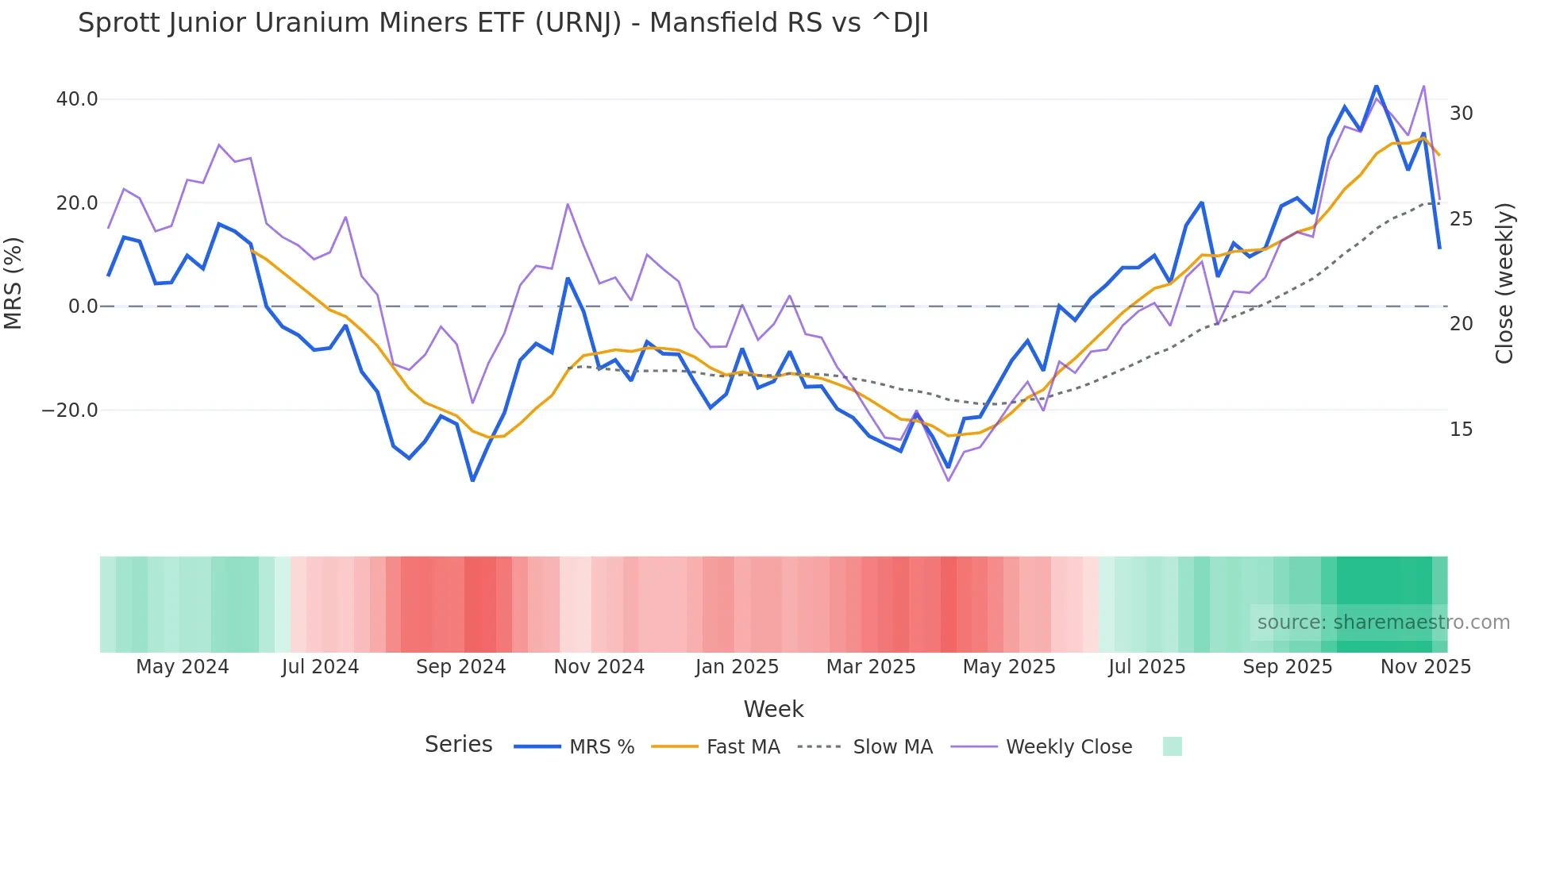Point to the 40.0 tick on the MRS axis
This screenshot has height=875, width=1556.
[77, 99]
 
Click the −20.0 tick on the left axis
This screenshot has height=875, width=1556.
[70, 411]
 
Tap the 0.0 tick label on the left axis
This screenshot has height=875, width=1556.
[83, 306]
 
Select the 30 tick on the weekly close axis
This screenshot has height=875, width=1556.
[1461, 114]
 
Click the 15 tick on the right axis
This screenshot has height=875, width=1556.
[1461, 430]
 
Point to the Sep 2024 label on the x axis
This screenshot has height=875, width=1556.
[460, 667]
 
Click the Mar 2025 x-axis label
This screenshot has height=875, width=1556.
[871, 667]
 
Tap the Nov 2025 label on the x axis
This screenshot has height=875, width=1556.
[1425, 667]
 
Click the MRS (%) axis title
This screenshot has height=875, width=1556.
[13, 283]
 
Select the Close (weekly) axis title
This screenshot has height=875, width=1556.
[1504, 283]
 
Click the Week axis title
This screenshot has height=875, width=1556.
[773, 709]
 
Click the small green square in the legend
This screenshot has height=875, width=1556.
[1172, 746]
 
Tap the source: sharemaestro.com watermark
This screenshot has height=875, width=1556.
[1383, 623]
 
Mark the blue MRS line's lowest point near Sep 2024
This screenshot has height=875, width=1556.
[472, 480]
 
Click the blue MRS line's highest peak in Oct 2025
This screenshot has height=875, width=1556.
[1376, 86]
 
